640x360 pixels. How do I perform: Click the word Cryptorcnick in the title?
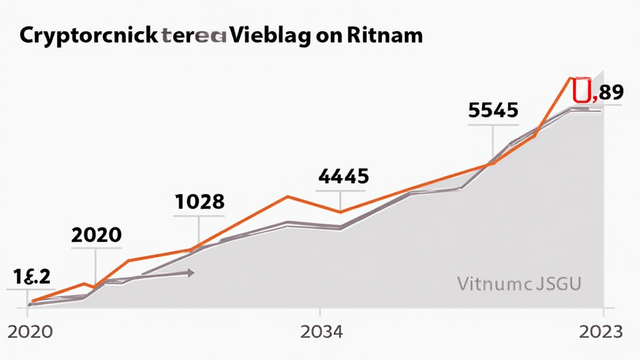(x=89, y=36)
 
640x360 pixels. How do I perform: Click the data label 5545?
(x=493, y=110)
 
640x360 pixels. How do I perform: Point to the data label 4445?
(x=343, y=177)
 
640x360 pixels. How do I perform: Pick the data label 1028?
(x=198, y=202)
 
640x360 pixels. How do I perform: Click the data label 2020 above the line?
(x=96, y=235)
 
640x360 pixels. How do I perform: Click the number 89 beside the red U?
(x=611, y=93)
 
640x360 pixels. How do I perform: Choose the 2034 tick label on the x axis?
(x=321, y=332)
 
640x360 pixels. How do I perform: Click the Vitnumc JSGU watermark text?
(x=519, y=284)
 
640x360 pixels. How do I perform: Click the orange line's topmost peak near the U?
(x=570, y=78)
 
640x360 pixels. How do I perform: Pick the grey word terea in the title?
(x=194, y=36)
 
